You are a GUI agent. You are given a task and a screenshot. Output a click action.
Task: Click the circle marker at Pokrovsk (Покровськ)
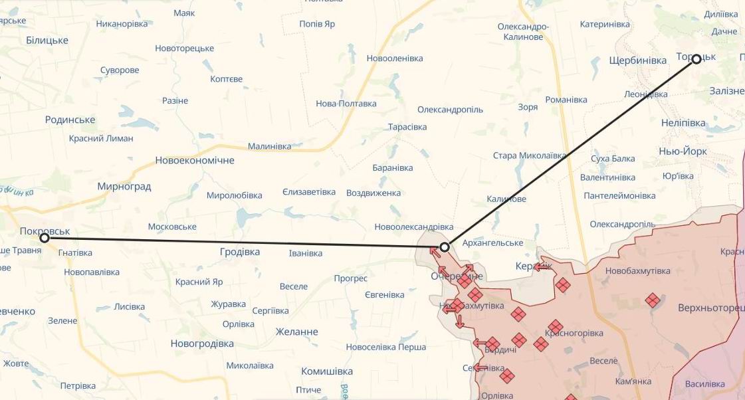pos(45,237)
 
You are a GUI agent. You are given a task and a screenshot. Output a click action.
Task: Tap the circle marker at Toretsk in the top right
pos(696,58)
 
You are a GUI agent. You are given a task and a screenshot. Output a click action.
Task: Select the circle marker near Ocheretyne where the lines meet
pos(445,247)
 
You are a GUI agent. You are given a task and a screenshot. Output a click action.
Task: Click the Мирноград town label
pos(124,186)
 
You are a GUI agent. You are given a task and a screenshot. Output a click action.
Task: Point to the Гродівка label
pos(239,252)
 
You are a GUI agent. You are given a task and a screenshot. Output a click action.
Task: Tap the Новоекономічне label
pos(194,160)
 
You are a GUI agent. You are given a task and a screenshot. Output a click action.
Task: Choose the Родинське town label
pos(70,120)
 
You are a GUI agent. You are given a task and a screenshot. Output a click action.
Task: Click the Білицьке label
pos(47,40)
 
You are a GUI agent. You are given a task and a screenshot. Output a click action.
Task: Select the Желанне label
pos(296,332)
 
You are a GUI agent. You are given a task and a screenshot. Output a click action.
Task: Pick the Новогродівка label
pos(202,344)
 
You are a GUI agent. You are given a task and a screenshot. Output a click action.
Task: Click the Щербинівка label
pos(637,60)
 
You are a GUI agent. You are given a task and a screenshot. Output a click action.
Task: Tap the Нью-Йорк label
pos(683,151)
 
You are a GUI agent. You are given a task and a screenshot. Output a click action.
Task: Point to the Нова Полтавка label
pos(346,104)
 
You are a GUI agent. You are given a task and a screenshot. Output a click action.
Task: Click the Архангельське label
pos(492,243)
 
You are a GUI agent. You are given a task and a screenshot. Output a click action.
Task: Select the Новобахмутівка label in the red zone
pos(637,270)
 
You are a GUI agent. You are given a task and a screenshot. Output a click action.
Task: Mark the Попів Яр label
pos(317,24)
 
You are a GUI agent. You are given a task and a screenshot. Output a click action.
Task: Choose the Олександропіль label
pos(450,110)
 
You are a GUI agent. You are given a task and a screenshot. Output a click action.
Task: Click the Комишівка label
pos(326,371)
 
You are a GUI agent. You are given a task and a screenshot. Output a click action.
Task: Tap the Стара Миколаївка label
pos(529,155)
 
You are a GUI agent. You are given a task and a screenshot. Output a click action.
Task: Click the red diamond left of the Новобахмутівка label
pos(562,285)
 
